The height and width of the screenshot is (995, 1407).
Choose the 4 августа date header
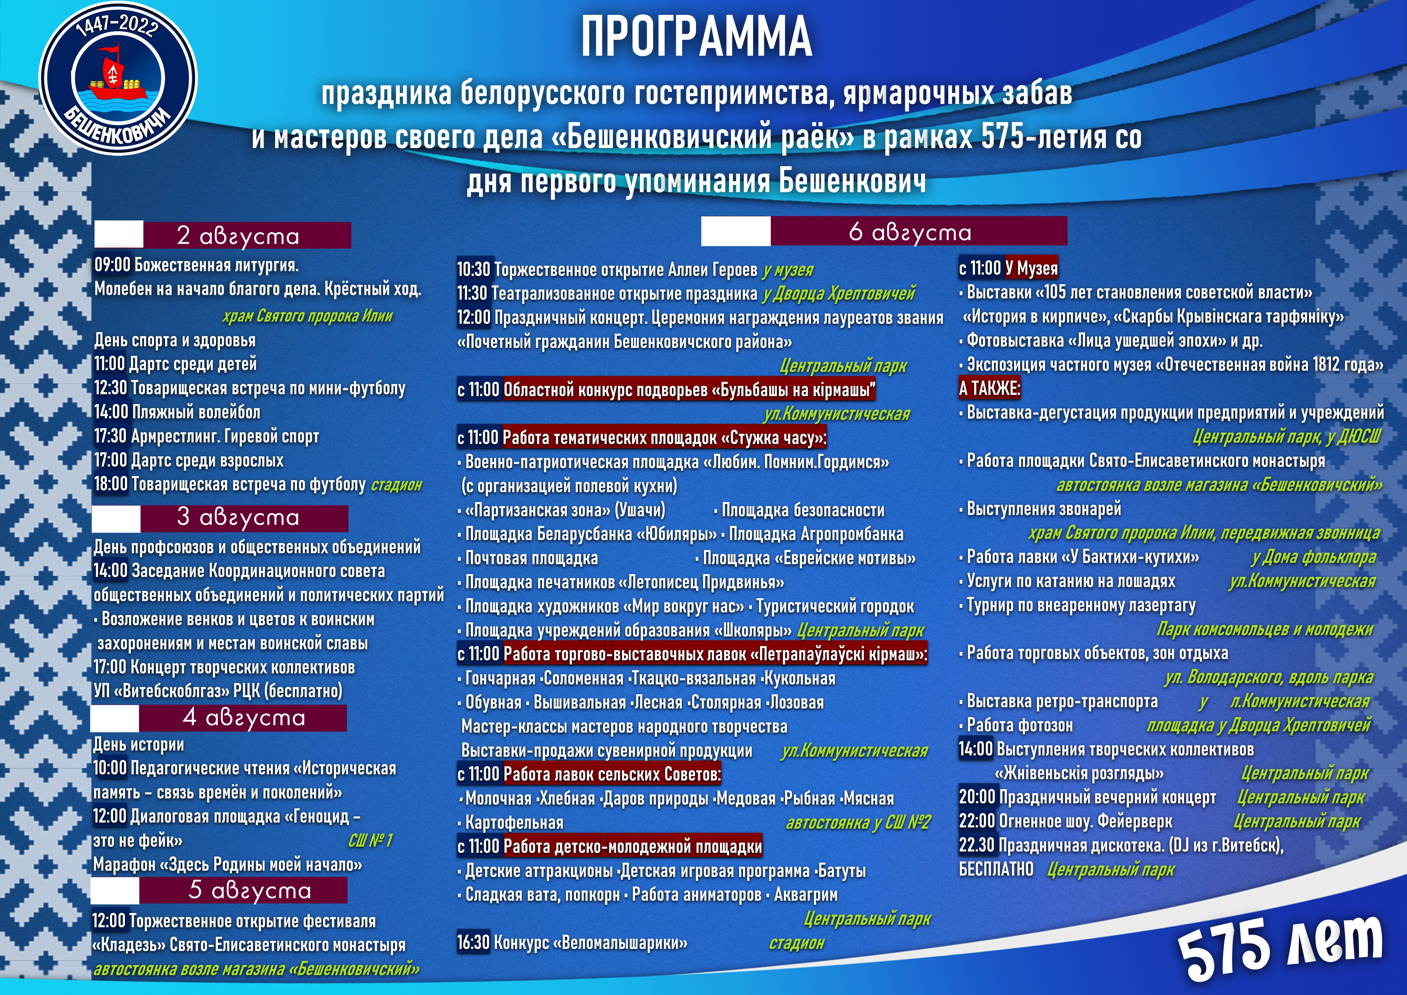tap(243, 717)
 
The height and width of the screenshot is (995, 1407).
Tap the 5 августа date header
tap(250, 890)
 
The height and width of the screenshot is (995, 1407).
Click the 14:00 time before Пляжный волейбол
tap(111, 412)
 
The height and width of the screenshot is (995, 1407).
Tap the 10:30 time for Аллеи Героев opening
tap(474, 269)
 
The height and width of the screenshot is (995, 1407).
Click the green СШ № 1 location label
tap(369, 841)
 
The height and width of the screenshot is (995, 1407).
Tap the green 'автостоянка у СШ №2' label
tap(858, 823)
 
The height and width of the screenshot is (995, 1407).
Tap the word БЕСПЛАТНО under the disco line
tap(996, 869)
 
